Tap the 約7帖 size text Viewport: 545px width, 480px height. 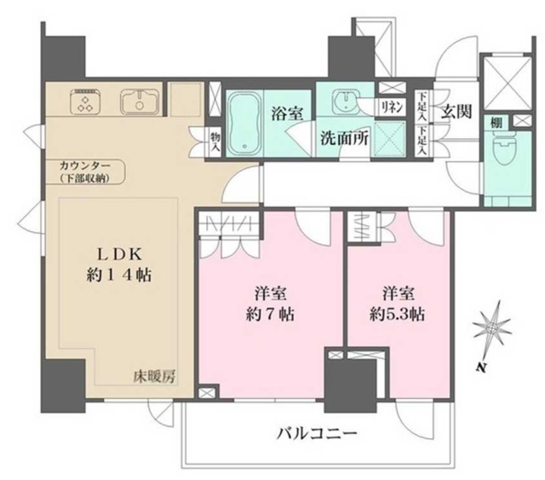pyautogui.click(x=267, y=314)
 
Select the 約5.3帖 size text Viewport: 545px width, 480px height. pyautogui.click(x=391, y=314)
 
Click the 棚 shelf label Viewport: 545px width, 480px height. pyautogui.click(x=496, y=123)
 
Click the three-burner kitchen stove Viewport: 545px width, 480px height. pyautogui.click(x=86, y=102)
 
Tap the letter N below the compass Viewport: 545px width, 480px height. pyautogui.click(x=481, y=368)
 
